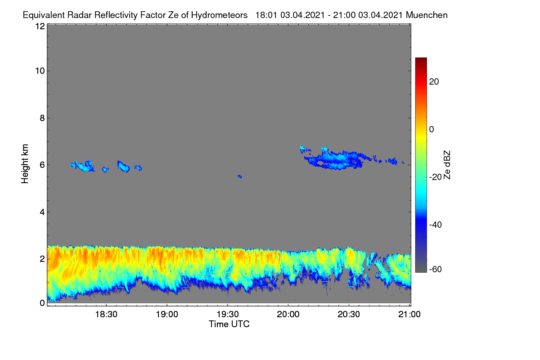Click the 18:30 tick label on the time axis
pos(106,315)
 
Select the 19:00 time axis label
pos(167,315)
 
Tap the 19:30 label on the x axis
pos(228,315)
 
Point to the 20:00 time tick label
pos(288,315)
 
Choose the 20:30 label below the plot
pos(349,315)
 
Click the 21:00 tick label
pos(409,315)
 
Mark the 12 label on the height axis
pos(40,26)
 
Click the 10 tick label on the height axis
pos(40,71)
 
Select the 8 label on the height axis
pos(42,118)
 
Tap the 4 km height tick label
pos(42,212)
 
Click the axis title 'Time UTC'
pos(229,324)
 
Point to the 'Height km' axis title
pos(25,164)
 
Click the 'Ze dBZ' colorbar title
pos(447,165)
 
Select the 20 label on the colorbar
pos(434,82)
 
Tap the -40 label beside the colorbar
pos(436,225)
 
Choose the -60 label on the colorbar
pos(436,270)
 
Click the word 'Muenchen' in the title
pos(427,15)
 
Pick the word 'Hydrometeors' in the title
pos(220,15)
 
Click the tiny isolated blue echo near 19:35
pos(240,176)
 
